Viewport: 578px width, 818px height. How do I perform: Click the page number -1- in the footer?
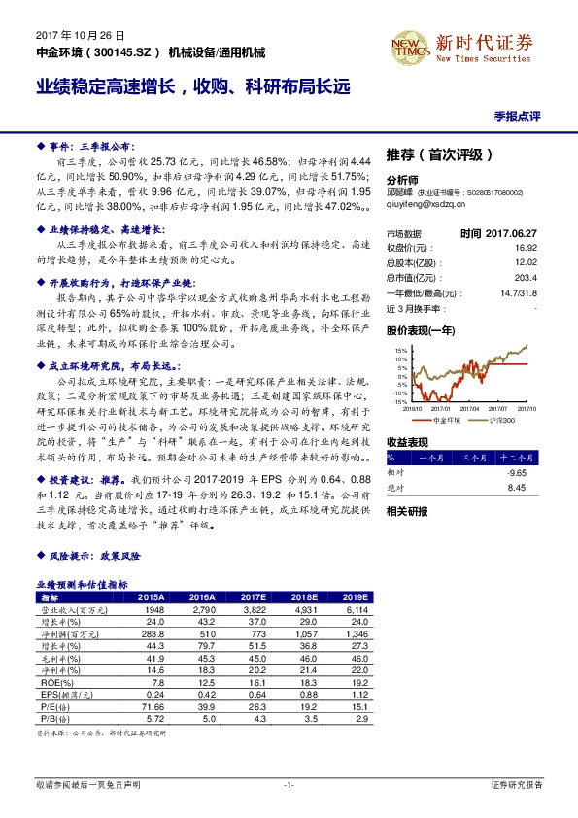click(x=289, y=783)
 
